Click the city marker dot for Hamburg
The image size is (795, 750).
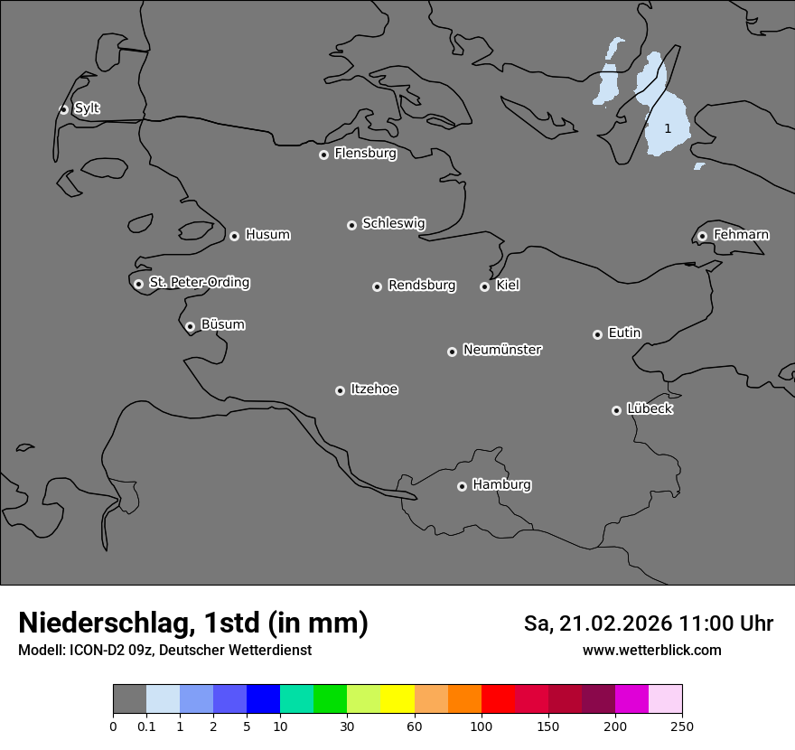462,486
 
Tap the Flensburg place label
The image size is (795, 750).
365,154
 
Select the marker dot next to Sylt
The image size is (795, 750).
63,109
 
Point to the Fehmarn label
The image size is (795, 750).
741,235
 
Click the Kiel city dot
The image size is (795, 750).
484,286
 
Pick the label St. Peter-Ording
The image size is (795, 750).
199,283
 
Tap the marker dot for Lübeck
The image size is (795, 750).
616,410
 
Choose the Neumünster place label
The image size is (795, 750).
502,350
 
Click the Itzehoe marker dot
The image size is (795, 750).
340,390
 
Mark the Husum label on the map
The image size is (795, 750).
267,235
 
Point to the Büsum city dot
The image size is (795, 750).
190,326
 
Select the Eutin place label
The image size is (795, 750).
624,333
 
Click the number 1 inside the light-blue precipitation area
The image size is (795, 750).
668,128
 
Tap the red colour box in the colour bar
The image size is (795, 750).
498,699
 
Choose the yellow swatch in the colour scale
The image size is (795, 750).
397,699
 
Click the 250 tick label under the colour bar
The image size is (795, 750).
682,726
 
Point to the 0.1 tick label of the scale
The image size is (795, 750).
146,726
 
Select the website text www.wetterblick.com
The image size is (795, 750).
651,650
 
